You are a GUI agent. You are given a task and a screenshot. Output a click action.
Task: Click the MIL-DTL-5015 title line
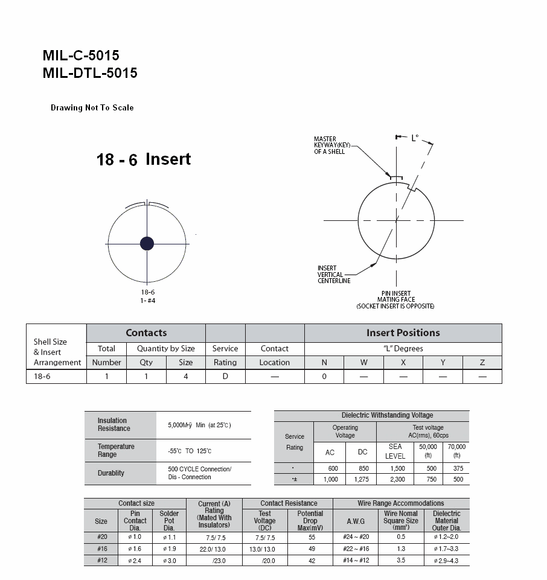pyautogui.click(x=90, y=73)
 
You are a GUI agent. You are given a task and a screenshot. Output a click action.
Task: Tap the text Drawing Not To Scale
pyautogui.click(x=92, y=107)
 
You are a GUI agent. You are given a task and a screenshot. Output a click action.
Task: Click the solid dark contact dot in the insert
pyautogui.click(x=147, y=243)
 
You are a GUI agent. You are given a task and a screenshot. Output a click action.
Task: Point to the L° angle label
pyautogui.click(x=415, y=138)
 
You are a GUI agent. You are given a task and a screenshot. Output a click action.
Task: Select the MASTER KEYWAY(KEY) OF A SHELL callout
pyautogui.click(x=332, y=145)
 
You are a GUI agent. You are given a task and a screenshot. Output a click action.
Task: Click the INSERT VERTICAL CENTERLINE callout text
pyautogui.click(x=334, y=275)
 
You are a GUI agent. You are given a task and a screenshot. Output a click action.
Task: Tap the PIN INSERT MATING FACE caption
pyautogui.click(x=395, y=299)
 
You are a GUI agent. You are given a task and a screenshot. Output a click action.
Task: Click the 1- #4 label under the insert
pyautogui.click(x=148, y=301)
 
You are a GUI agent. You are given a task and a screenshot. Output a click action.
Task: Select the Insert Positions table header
pyautogui.click(x=403, y=333)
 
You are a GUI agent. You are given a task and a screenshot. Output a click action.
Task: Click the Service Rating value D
pyautogui.click(x=225, y=376)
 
